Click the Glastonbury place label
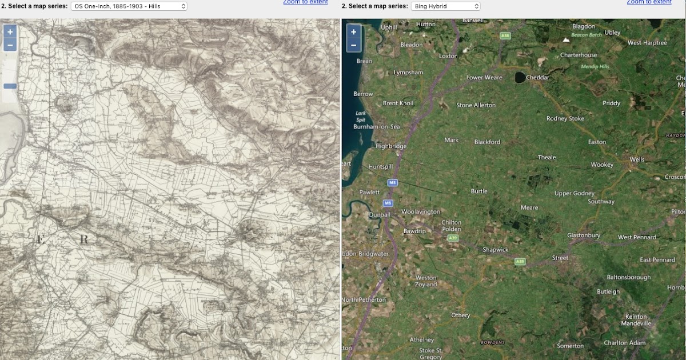click(x=583, y=235)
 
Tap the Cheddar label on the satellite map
click(x=537, y=77)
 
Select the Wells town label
click(x=636, y=159)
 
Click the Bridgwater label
click(x=374, y=253)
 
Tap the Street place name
click(x=560, y=258)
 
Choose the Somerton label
click(x=570, y=346)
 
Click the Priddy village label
click(x=611, y=103)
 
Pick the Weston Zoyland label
click(x=426, y=281)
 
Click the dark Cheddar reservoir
click(x=520, y=77)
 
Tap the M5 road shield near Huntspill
click(x=392, y=183)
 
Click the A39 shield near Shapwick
click(x=519, y=262)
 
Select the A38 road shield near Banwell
click(x=504, y=36)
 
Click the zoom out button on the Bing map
click(x=353, y=45)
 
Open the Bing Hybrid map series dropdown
click(x=445, y=6)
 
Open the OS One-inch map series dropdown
click(x=129, y=6)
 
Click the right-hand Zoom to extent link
click(x=649, y=2)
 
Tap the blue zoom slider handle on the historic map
click(x=10, y=86)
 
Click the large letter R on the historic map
click(x=83, y=239)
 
